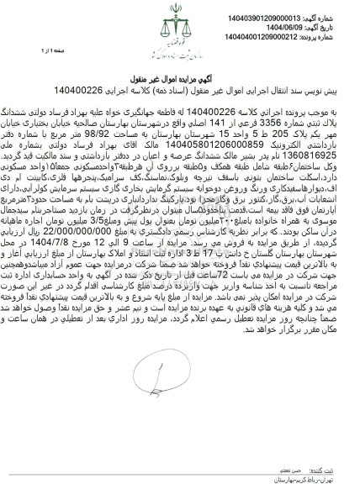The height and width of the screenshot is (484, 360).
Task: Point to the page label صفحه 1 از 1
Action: click(25, 51)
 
